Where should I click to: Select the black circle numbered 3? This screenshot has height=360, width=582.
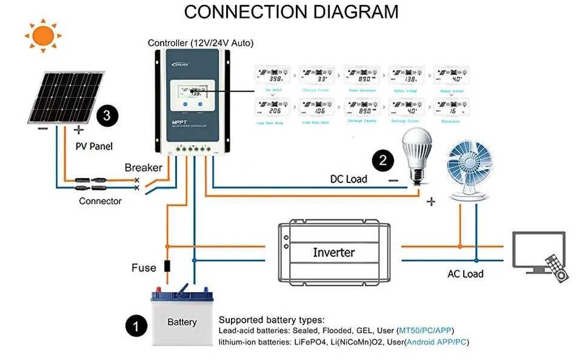107,115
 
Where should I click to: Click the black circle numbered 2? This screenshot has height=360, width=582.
383,161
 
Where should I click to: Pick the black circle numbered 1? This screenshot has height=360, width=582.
136,326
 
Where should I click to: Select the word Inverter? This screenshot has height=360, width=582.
333,252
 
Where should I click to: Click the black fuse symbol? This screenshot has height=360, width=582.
168,265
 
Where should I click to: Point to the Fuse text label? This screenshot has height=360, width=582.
144,267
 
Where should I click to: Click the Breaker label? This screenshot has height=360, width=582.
143,168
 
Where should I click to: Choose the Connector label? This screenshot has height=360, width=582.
100,201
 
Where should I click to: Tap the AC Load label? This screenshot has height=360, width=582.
465,273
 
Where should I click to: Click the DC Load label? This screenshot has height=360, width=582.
349,179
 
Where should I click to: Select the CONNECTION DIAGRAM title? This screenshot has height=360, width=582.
291,12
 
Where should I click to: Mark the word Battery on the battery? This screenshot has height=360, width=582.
182,322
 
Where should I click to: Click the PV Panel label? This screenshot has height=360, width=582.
94,146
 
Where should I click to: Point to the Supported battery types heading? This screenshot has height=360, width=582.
272,319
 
